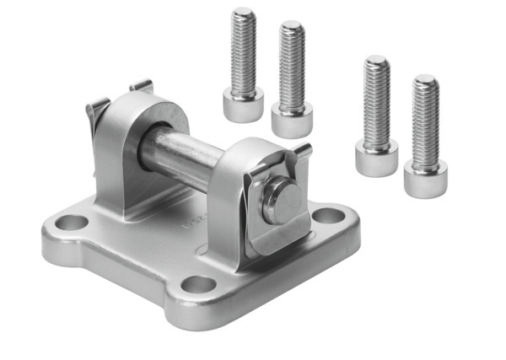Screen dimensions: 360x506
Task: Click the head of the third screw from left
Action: pos(376,157)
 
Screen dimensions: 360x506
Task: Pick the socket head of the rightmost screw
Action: pos(425,179)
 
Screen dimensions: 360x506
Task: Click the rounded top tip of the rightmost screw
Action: pos(425,81)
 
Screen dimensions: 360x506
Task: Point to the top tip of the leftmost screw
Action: pos(245,13)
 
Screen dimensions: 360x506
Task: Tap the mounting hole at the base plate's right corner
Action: pos(327,216)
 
